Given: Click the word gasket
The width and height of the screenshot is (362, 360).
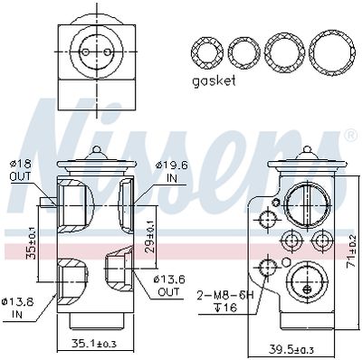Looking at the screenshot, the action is [214, 81].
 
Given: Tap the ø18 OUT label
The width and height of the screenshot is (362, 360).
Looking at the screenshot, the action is [21, 170].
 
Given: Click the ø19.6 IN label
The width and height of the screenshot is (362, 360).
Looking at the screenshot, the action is [172, 171].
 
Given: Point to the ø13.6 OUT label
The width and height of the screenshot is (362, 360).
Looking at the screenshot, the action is [169, 285].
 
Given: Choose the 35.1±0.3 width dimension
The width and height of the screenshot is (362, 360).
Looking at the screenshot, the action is [94, 343].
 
